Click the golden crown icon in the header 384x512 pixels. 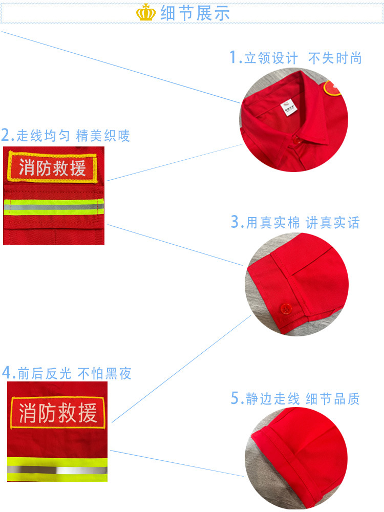[x=146, y=13]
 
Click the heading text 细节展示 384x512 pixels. [x=195, y=13]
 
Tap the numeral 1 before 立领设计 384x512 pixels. [x=234, y=57]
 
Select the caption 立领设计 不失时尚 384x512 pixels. [x=303, y=58]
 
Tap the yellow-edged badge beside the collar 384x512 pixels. [x=332, y=89]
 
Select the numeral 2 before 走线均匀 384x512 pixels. [x=7, y=135]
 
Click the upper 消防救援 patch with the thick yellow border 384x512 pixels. [x=52, y=168]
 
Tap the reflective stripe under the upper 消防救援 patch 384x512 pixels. [x=54, y=207]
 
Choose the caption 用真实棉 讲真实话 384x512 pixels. [x=303, y=223]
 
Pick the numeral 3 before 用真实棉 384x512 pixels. [x=236, y=222]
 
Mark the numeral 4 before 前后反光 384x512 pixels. [x=7, y=373]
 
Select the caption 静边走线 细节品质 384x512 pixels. [x=303, y=399]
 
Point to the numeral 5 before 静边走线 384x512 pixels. [x=236, y=398]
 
